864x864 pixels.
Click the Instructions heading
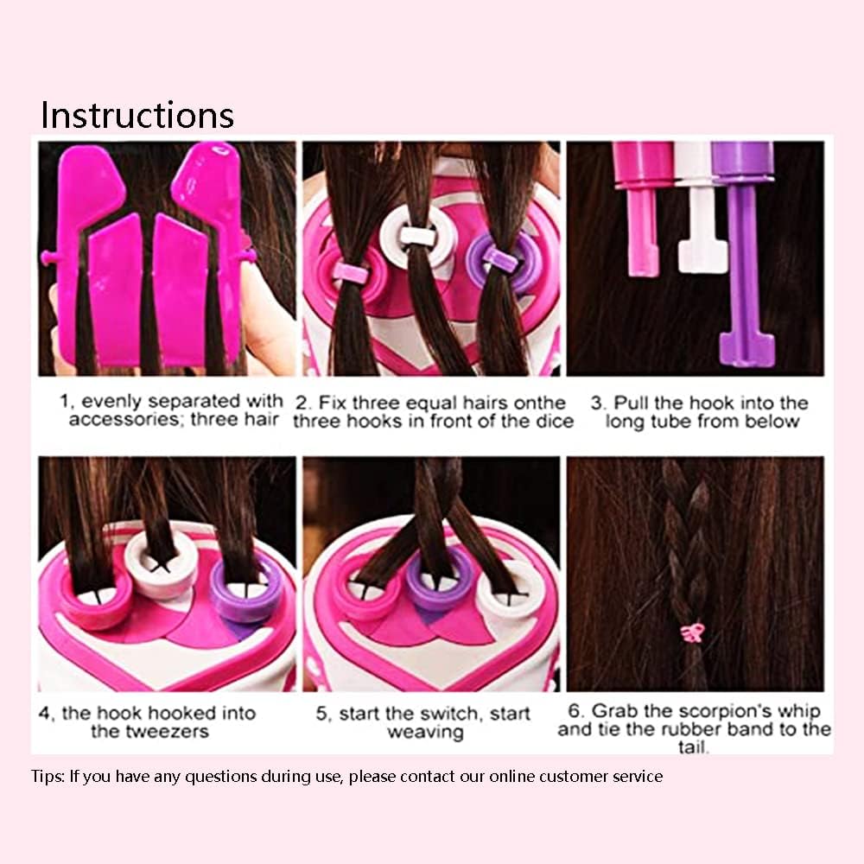(x=137, y=115)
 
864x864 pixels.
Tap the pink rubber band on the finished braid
(x=693, y=633)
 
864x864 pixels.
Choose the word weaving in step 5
(x=425, y=733)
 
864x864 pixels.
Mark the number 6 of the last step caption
(x=573, y=710)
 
